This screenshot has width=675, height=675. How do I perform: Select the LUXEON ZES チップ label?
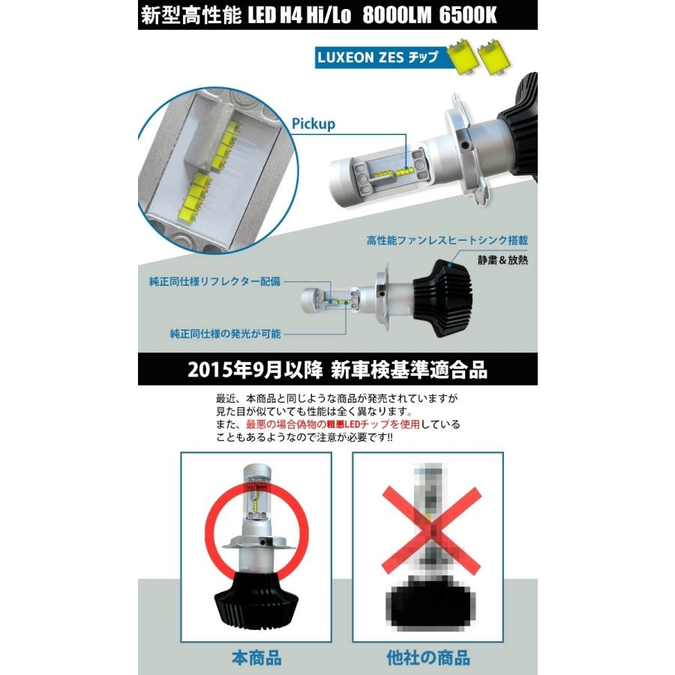(x=379, y=58)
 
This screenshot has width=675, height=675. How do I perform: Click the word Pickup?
(x=314, y=124)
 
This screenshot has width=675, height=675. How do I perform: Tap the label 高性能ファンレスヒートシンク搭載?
(x=447, y=241)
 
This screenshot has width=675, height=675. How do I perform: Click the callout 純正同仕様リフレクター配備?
(x=214, y=283)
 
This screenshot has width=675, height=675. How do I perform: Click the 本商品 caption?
(x=256, y=658)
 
